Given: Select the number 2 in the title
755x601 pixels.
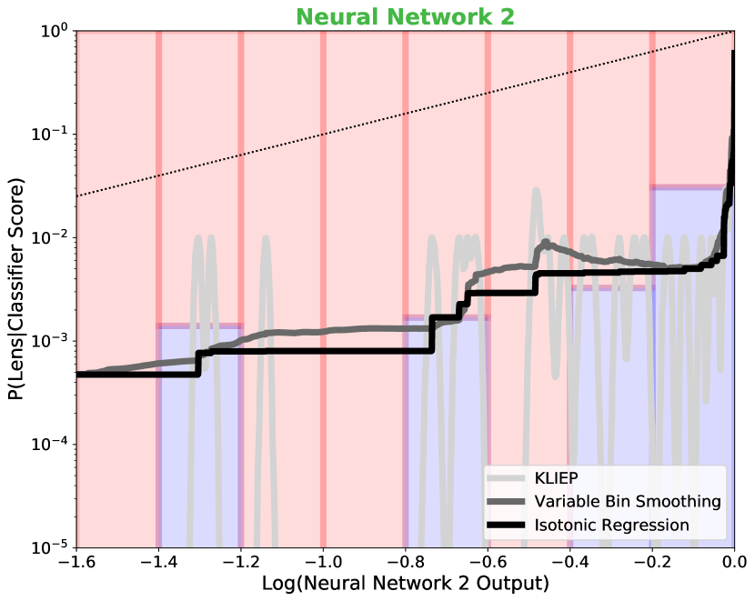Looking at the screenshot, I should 506,17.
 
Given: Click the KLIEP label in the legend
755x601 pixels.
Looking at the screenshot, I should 556,478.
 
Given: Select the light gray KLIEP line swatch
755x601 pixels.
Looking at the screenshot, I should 506,478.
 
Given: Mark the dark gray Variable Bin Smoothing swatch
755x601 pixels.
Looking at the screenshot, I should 506,502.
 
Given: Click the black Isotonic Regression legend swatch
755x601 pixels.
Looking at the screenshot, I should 506,526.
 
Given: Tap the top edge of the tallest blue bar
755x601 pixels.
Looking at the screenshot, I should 691,188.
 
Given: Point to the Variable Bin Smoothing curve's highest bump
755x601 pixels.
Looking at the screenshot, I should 545,243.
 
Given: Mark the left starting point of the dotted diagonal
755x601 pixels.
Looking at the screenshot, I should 78,195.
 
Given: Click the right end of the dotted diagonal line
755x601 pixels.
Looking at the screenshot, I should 732,33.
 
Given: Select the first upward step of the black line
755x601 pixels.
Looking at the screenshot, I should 198,363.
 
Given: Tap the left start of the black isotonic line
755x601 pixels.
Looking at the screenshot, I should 79,374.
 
